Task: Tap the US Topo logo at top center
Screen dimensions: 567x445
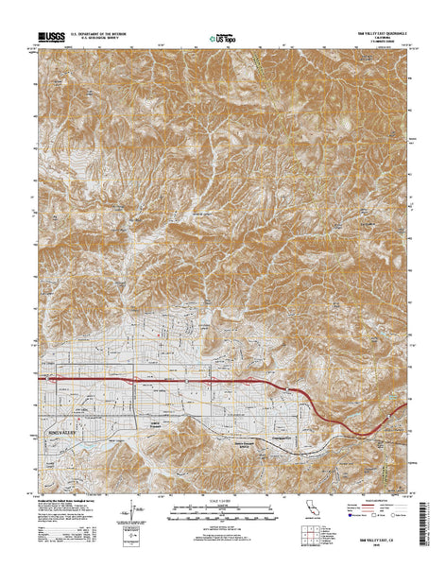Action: [222, 40]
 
